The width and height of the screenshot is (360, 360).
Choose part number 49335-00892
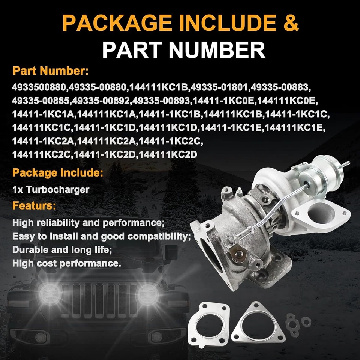[101, 100]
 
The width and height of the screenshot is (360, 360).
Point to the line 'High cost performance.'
[67, 263]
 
